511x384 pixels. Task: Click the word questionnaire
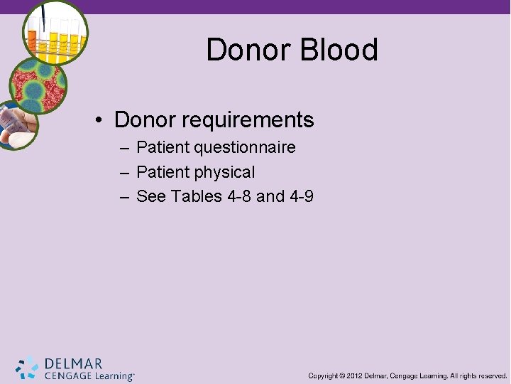click(x=246, y=148)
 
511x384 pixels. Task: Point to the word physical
click(x=225, y=172)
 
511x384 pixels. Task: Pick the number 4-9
click(x=301, y=196)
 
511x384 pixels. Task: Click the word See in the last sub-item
click(x=150, y=196)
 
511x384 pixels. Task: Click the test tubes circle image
click(x=55, y=33)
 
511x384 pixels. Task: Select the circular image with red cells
click(x=37, y=85)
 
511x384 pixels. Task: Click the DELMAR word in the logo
click(x=73, y=363)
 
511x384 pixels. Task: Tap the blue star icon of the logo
click(x=28, y=367)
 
